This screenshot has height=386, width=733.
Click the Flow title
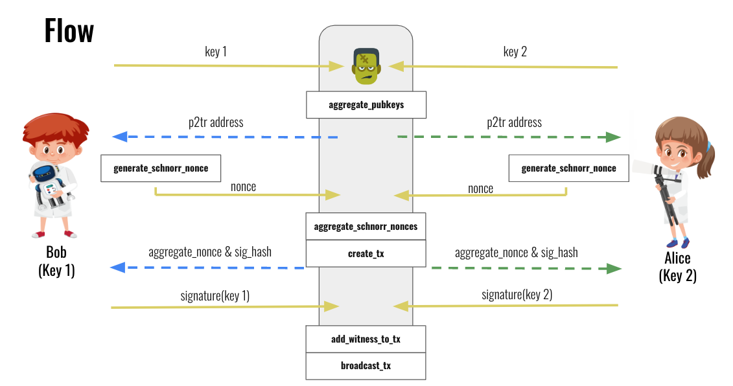pos(69,31)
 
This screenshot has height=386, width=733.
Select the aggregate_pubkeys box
pos(366,105)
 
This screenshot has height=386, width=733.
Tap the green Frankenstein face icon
pos(366,66)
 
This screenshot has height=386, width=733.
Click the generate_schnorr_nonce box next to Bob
pos(161,168)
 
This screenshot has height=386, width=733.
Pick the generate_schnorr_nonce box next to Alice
pos(568,168)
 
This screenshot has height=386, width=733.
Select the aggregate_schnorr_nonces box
pos(366,227)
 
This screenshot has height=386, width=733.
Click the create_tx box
pos(366,253)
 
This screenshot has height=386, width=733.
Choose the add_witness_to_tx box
pos(366,339)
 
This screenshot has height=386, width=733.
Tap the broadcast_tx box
pos(366,365)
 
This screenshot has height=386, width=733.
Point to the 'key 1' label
pos(216,52)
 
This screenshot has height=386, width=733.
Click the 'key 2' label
pos(515,52)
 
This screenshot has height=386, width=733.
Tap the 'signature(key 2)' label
pos(517,295)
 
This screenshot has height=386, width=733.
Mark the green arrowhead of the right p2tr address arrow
pos(613,137)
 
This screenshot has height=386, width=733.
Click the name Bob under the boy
pos(56,252)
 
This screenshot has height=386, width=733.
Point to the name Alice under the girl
pos(678,258)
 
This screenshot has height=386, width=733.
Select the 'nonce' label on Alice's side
pos(480,188)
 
